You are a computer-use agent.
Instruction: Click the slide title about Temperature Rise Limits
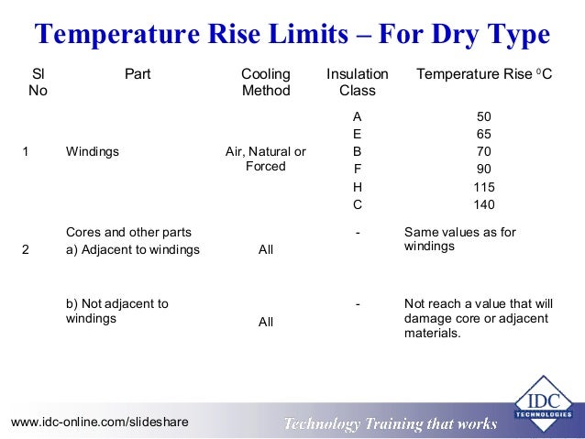(292, 35)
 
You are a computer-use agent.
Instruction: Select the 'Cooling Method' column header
(266, 82)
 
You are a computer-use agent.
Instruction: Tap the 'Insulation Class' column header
(358, 82)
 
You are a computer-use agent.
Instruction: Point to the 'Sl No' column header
(39, 82)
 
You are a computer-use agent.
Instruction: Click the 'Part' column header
(138, 73)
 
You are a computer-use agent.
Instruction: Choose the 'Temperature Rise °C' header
(484, 73)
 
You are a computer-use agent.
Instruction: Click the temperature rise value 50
(484, 116)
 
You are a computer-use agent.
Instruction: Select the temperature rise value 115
(484, 187)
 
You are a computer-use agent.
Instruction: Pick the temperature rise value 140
(484, 204)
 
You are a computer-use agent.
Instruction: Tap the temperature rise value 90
(484, 170)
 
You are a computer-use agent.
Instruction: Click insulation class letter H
(358, 187)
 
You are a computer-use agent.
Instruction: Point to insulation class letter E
(358, 134)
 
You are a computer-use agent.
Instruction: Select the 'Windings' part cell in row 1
(93, 151)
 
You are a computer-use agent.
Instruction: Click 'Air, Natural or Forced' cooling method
(266, 159)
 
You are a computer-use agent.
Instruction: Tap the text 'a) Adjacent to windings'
(133, 249)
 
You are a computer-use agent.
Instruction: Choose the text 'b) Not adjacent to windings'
(117, 312)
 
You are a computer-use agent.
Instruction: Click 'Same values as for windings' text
(459, 239)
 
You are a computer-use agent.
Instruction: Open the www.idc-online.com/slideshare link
(99, 422)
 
